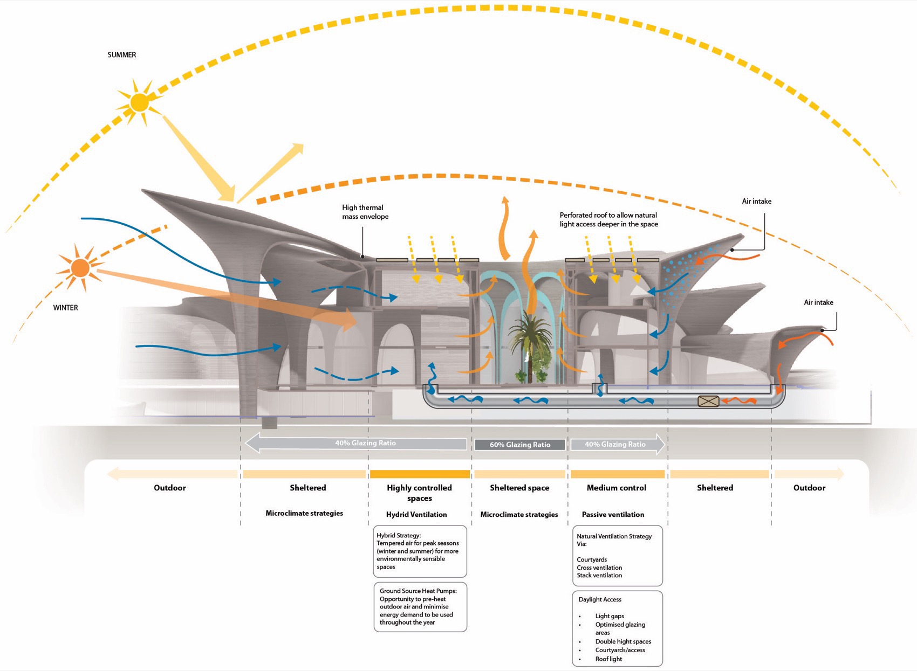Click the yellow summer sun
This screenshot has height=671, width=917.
pyautogui.click(x=140, y=102)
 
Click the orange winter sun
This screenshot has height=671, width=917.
pyautogui.click(x=80, y=268)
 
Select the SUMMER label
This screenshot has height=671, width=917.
pyautogui.click(x=121, y=55)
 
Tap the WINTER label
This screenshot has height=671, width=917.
pyautogui.click(x=65, y=308)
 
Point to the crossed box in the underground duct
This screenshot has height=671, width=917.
pyautogui.click(x=708, y=402)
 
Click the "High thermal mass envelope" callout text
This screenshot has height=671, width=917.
pyautogui.click(x=365, y=212)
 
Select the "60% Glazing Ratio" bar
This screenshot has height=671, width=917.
pyautogui.click(x=520, y=445)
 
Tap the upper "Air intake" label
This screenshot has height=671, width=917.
pyautogui.click(x=756, y=202)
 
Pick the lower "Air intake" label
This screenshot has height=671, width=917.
pyautogui.click(x=818, y=302)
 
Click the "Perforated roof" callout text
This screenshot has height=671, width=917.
pyautogui.click(x=609, y=219)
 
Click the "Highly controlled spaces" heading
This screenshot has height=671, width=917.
pyautogui.click(x=419, y=493)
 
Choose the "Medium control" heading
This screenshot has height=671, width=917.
pyautogui.click(x=617, y=488)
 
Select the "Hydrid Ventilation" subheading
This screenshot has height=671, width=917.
pyautogui.click(x=416, y=514)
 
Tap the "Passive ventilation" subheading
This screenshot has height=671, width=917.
pyautogui.click(x=613, y=514)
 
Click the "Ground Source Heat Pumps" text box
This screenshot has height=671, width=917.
pyautogui.click(x=420, y=607)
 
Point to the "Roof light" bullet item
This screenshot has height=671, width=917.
pyautogui.click(x=608, y=659)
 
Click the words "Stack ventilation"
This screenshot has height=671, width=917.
pyautogui.click(x=599, y=575)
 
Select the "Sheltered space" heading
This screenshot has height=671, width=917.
pyautogui.click(x=519, y=488)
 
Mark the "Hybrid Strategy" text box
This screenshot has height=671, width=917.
pyautogui.click(x=420, y=551)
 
